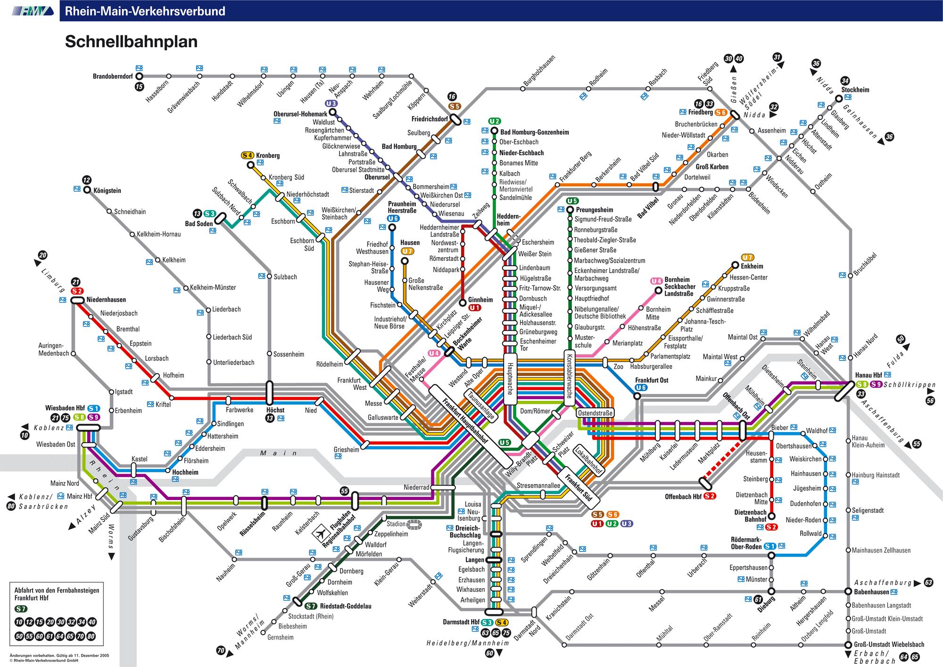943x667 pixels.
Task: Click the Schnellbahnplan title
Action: pyautogui.click(x=131, y=42)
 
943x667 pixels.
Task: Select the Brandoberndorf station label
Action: pyautogui.click(x=113, y=76)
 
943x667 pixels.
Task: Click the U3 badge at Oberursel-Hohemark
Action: pyautogui.click(x=331, y=103)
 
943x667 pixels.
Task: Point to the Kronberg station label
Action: pyautogui.click(x=268, y=156)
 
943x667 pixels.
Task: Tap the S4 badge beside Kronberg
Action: pyautogui.click(x=248, y=155)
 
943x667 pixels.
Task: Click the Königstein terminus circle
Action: pyautogui.click(x=87, y=190)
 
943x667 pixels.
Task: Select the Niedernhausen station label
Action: pyautogui.click(x=106, y=300)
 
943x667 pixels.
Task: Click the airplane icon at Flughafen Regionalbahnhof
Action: pyautogui.click(x=320, y=533)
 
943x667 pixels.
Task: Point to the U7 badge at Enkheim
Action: pyautogui.click(x=748, y=258)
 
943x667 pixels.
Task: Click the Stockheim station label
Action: pyautogui.click(x=855, y=90)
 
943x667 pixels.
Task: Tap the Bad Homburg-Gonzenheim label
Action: pyautogui.click(x=535, y=133)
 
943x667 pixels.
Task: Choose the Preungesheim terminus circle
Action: pyautogui.click(x=570, y=210)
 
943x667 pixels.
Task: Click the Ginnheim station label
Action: pyautogui.click(x=480, y=300)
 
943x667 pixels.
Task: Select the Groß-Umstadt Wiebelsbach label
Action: pyautogui.click(x=889, y=644)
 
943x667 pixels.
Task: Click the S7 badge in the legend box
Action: pyautogui.click(x=21, y=608)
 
